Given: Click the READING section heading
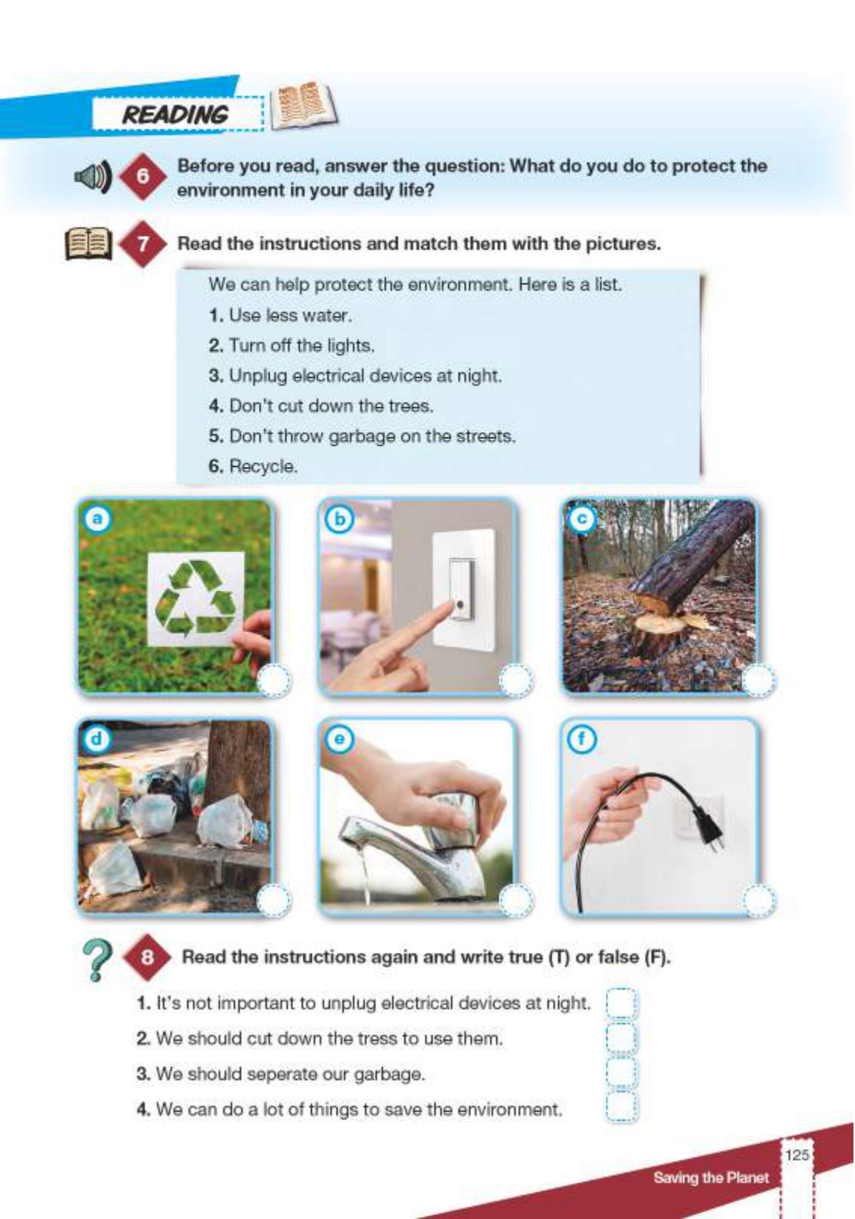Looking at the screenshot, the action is tap(175, 115).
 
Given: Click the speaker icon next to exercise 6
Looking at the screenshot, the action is tap(93, 177).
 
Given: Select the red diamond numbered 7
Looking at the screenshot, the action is tap(142, 243).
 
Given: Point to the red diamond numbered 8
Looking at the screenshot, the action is tap(147, 957).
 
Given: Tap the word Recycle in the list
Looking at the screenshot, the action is tap(263, 466).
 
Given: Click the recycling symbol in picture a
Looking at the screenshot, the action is tap(196, 598).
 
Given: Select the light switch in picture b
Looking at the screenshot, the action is tap(464, 590).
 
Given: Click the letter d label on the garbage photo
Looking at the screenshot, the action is tap(97, 738).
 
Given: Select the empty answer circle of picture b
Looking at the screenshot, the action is tap(515, 680).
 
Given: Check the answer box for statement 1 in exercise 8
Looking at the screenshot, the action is tap(621, 1003).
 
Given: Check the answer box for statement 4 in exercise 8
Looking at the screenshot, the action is tap(621, 1107).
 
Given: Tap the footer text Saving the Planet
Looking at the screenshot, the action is tap(711, 1177).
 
